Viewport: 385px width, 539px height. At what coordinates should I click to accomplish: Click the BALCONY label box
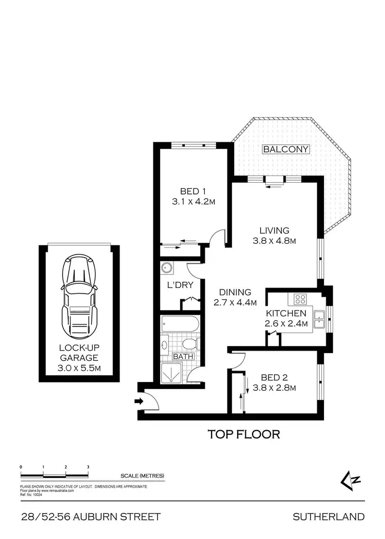[286, 149]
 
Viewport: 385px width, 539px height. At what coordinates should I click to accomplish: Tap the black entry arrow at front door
[139, 401]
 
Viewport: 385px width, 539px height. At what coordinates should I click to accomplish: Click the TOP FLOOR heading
[244, 434]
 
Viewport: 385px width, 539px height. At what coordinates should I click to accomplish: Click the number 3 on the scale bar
[88, 467]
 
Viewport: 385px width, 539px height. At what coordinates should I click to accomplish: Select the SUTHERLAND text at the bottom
[329, 516]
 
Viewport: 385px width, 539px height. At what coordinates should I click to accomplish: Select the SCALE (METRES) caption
[142, 476]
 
